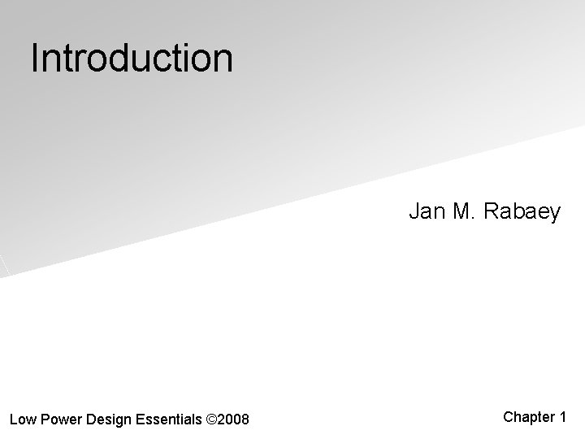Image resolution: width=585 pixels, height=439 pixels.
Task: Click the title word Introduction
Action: (132, 59)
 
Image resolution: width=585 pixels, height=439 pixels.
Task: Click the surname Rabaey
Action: (522, 213)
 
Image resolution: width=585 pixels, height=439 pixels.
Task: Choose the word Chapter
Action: (528, 417)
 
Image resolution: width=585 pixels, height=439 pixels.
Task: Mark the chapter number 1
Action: (562, 417)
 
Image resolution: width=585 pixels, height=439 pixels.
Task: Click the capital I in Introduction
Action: (35, 59)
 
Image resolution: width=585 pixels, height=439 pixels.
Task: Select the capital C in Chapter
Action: (509, 417)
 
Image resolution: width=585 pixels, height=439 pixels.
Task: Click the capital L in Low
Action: (13, 419)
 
